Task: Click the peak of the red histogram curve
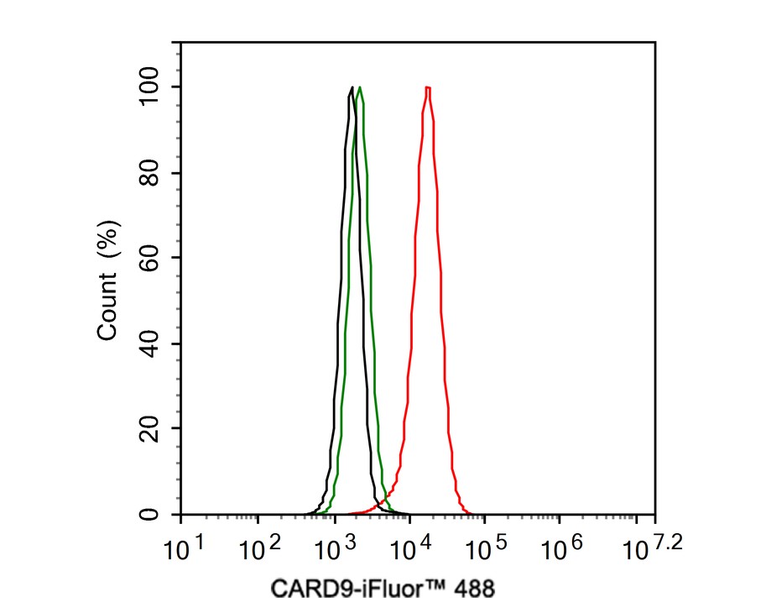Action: point(428,87)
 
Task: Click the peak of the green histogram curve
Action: point(359,87)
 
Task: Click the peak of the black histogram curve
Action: point(351,87)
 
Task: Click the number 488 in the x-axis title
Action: point(475,589)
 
